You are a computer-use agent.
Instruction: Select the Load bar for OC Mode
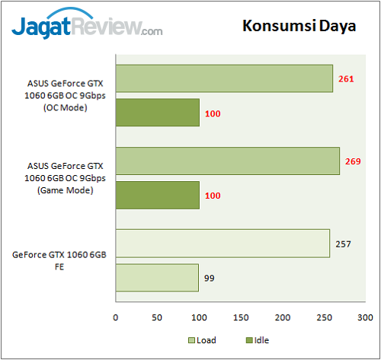224,78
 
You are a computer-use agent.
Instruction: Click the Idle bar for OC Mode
157,113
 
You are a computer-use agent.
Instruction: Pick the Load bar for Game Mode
227,161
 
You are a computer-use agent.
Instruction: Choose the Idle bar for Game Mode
157,196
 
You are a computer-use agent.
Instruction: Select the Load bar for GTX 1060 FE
223,244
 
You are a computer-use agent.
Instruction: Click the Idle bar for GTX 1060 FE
157,278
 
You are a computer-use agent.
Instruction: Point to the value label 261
346,78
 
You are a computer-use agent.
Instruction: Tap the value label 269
352,161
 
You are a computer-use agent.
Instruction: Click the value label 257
343,244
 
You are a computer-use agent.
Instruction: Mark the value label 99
210,278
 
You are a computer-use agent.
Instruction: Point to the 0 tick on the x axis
116,317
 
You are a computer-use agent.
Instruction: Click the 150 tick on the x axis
241,317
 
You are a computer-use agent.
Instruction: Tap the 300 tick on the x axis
366,317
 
